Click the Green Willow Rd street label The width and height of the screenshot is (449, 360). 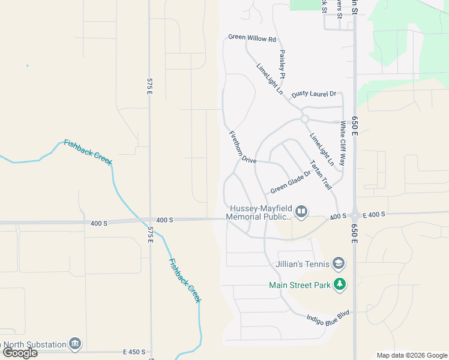click(x=252, y=38)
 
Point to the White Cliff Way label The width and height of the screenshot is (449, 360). click(x=343, y=143)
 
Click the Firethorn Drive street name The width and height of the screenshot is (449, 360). click(x=242, y=148)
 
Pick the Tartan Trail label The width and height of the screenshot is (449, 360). click(x=321, y=175)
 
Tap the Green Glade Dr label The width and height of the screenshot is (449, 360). click(x=290, y=182)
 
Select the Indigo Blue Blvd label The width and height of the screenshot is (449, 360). click(x=328, y=318)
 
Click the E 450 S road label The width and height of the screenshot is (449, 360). click(x=134, y=352)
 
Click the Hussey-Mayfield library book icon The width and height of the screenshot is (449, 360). click(x=301, y=211)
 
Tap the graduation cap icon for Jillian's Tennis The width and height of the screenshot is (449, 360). click(x=339, y=264)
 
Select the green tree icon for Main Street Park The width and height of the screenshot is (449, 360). click(x=340, y=284)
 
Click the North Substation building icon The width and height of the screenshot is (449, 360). click(x=74, y=344)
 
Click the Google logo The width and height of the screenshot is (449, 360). click(x=20, y=353)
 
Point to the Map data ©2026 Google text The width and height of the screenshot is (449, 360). click(x=411, y=355)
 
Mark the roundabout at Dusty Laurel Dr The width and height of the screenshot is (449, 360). click(x=304, y=119)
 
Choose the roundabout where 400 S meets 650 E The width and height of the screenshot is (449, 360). click(x=354, y=216)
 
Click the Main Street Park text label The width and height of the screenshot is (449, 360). click(x=300, y=285)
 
